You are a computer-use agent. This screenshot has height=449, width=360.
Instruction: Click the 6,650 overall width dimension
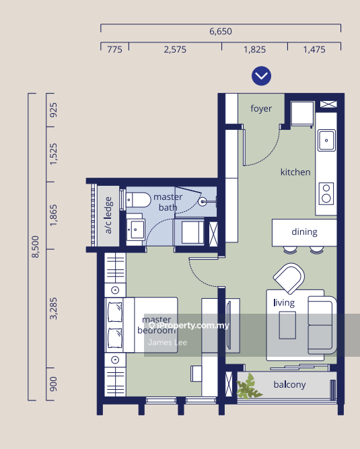[220, 31]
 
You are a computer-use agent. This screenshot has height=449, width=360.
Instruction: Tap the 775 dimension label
[114, 50]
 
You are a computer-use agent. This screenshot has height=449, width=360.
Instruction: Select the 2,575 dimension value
[175, 50]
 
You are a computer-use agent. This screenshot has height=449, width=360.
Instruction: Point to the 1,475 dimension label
[314, 50]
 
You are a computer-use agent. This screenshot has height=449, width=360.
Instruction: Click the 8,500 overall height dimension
[35, 246]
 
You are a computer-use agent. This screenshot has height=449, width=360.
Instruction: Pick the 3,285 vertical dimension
[53, 308]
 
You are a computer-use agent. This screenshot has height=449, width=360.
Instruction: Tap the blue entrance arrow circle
[261, 76]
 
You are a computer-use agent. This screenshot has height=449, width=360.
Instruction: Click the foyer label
[261, 108]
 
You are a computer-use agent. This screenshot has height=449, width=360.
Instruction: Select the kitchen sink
[326, 140]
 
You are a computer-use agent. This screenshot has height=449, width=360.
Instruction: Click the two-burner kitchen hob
[326, 194]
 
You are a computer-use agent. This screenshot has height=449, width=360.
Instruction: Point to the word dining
[304, 232]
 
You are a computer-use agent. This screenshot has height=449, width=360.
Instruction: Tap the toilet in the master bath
[138, 199]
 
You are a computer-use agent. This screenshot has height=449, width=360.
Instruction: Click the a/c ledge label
[108, 215]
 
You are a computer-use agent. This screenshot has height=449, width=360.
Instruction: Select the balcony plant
[248, 387]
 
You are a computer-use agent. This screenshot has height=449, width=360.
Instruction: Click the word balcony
[289, 384]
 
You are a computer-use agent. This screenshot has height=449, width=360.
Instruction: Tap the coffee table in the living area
[287, 325]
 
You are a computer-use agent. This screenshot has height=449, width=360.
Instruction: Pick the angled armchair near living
[289, 278]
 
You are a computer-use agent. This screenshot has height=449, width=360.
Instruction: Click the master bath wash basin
[136, 230]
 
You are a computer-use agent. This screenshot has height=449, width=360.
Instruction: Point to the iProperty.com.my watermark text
[189, 325]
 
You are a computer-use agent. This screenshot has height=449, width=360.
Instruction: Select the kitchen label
[295, 172]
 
